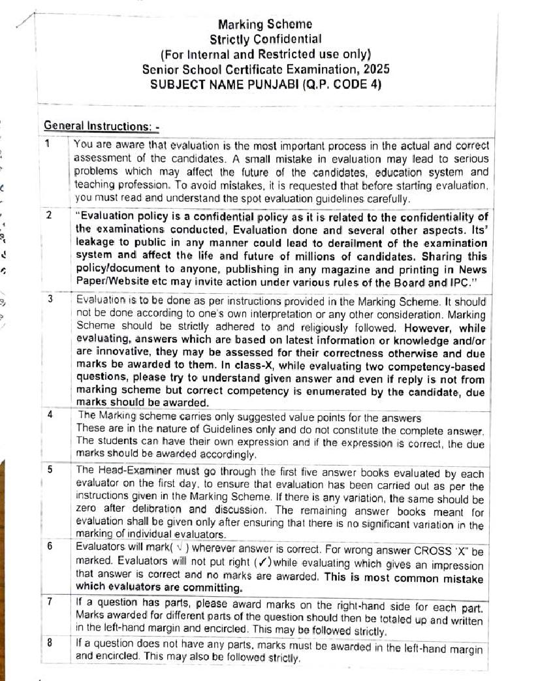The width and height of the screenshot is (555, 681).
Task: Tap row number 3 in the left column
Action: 48,300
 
